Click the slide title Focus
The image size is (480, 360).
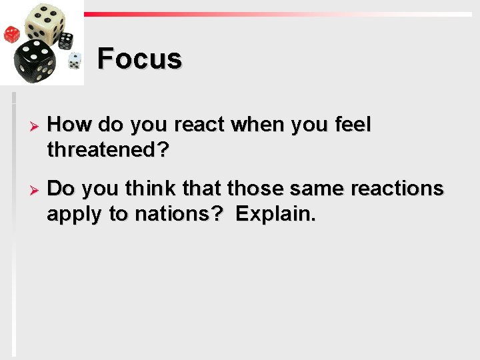point(139,59)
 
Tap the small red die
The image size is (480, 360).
point(11,33)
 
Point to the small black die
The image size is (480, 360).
point(65,40)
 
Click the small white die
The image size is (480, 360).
point(74,61)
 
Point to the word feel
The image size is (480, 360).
point(351,125)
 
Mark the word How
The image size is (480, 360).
point(69,125)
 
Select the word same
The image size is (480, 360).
point(311,189)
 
